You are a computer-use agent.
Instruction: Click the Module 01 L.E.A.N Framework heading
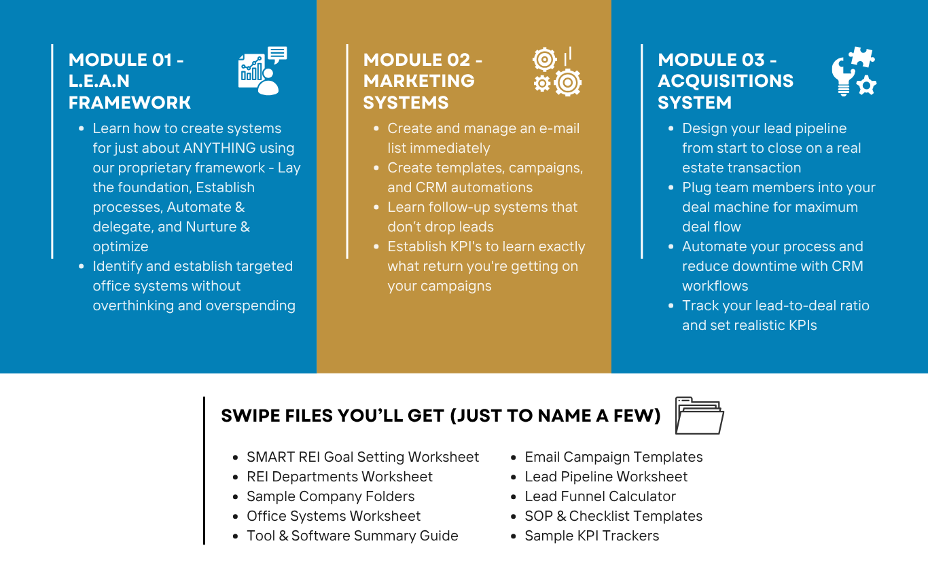coord(129,81)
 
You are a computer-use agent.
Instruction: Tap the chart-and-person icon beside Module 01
coord(262,71)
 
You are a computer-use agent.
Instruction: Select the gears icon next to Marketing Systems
coord(557,71)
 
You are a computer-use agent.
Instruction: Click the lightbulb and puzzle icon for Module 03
coord(853,71)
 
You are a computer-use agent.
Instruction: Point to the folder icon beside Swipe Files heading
coord(699,416)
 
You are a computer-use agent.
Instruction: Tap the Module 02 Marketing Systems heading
coord(423,81)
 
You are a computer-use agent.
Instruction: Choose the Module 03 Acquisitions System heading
coord(725,81)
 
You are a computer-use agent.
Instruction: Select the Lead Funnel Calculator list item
coord(600,496)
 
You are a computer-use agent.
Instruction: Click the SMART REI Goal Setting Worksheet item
coord(363,457)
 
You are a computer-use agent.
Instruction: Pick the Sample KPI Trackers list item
coord(592,536)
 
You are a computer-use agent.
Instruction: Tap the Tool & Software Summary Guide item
coord(352,536)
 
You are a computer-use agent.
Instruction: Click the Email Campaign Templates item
coord(613,457)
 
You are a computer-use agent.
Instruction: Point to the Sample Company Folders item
coord(330,496)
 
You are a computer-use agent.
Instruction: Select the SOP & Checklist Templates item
coord(613,516)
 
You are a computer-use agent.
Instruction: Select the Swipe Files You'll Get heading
coord(440,416)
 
